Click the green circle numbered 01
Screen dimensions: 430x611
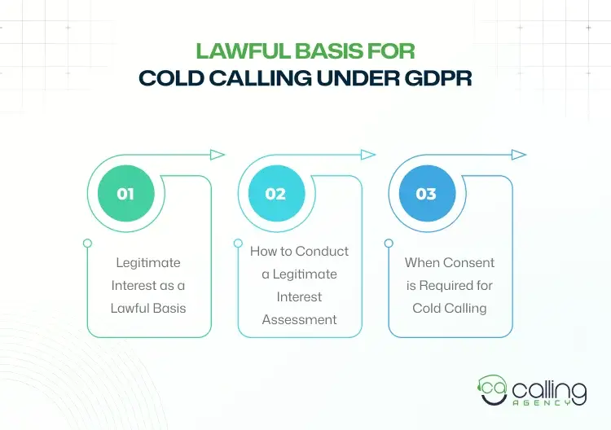(x=125, y=194)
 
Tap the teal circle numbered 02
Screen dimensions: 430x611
(x=275, y=194)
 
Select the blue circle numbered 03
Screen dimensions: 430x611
(x=426, y=194)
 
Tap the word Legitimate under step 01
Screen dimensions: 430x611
(x=148, y=263)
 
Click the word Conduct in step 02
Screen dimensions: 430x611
(x=321, y=251)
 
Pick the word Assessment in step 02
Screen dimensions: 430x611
(x=299, y=319)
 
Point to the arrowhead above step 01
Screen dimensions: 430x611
(x=217, y=155)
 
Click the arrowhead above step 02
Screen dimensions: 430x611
(x=367, y=155)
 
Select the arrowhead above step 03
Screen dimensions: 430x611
(x=518, y=155)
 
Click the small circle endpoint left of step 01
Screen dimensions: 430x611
(x=88, y=243)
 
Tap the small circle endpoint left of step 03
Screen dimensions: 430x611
(x=389, y=243)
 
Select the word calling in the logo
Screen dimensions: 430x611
(x=549, y=389)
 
